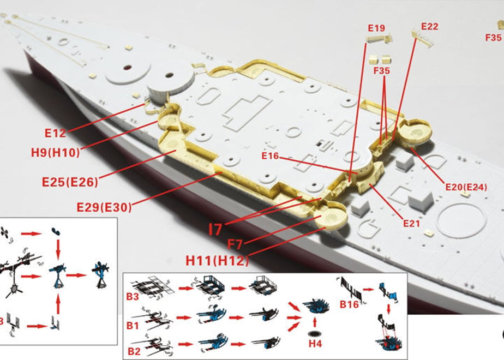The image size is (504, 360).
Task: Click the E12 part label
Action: click(55, 133)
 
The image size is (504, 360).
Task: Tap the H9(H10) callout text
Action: click(55, 152)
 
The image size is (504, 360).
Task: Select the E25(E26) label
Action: click(70, 182)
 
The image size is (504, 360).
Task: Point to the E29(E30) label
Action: click(104, 207)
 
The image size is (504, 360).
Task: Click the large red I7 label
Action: click(215, 230)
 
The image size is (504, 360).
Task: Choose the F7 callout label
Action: click(235, 244)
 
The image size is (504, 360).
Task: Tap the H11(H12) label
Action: click(217, 260)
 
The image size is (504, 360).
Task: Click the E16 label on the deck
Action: click(270, 156)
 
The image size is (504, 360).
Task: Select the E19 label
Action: click(376, 28)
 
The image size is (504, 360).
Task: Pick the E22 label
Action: click(430, 26)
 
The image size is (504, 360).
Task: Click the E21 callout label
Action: click(411, 223)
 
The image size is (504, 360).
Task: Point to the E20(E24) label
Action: click(466, 187)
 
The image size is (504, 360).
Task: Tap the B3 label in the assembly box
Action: click(132, 297)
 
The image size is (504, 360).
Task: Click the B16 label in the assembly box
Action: click(349, 304)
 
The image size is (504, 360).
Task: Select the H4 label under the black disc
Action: click(315, 344)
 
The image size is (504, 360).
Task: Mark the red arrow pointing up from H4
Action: click(315, 322)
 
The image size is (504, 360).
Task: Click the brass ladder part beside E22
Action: click(423, 38)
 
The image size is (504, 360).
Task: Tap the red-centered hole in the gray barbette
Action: click(128, 68)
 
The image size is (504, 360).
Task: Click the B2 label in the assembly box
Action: click(134, 351)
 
